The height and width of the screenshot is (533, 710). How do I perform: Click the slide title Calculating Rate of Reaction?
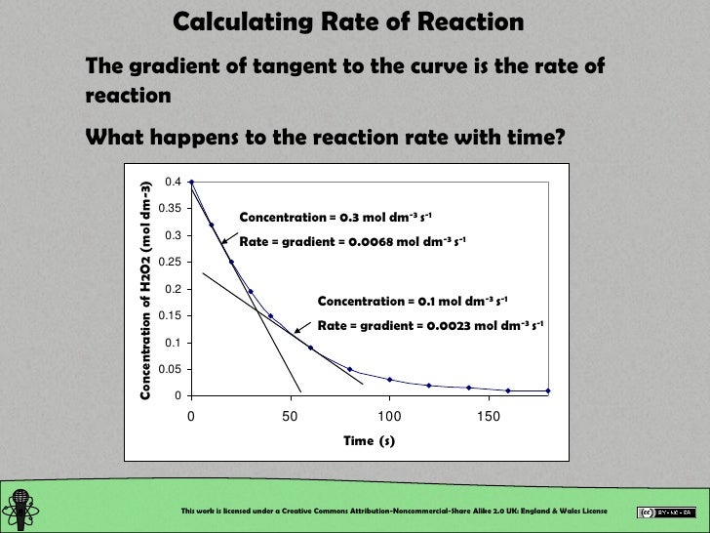click(x=348, y=21)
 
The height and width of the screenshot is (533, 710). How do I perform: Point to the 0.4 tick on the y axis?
click(x=173, y=182)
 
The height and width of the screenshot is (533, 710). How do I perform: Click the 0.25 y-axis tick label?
click(x=170, y=262)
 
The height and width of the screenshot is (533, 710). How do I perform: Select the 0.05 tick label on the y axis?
click(x=170, y=369)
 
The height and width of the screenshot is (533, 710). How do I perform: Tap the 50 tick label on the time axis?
click(x=290, y=417)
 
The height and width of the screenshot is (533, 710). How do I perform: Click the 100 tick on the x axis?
click(x=389, y=417)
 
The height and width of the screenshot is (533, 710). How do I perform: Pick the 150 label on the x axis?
click(x=489, y=417)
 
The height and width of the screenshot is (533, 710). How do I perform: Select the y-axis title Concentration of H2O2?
click(x=146, y=290)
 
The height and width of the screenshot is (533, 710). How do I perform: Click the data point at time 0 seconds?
click(x=191, y=182)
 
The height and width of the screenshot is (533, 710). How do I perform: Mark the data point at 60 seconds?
click(x=310, y=348)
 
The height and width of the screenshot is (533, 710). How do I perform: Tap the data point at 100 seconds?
click(x=389, y=379)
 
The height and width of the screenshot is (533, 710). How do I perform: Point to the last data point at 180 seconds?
click(x=548, y=390)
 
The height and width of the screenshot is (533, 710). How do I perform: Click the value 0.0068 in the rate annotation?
click(x=363, y=241)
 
